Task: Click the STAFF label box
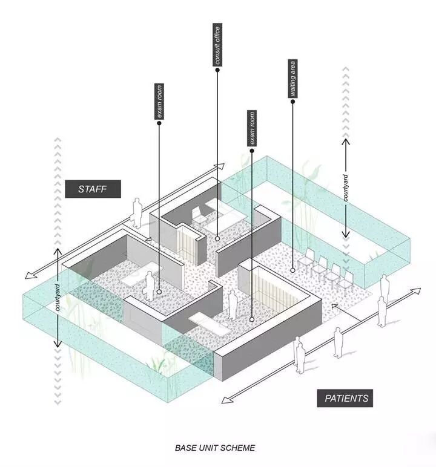[x=93, y=189]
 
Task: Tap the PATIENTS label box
[x=346, y=398]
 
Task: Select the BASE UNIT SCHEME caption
[x=215, y=448]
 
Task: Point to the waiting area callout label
[x=292, y=79]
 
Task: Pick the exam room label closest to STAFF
[x=159, y=102]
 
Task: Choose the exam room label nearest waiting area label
[x=251, y=128]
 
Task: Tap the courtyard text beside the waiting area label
[x=345, y=188]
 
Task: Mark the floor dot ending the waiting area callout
[x=292, y=270]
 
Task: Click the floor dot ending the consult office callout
[x=217, y=238]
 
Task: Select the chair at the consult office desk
[x=199, y=215]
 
